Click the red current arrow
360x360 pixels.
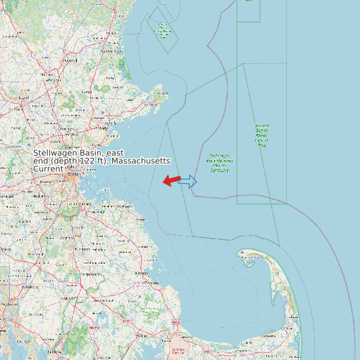(171, 180)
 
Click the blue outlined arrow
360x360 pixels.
(189, 181)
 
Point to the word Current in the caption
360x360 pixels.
(48, 169)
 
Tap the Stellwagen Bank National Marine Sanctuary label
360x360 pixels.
(219, 163)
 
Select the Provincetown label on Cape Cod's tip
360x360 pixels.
(247, 253)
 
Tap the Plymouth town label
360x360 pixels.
(151, 283)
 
